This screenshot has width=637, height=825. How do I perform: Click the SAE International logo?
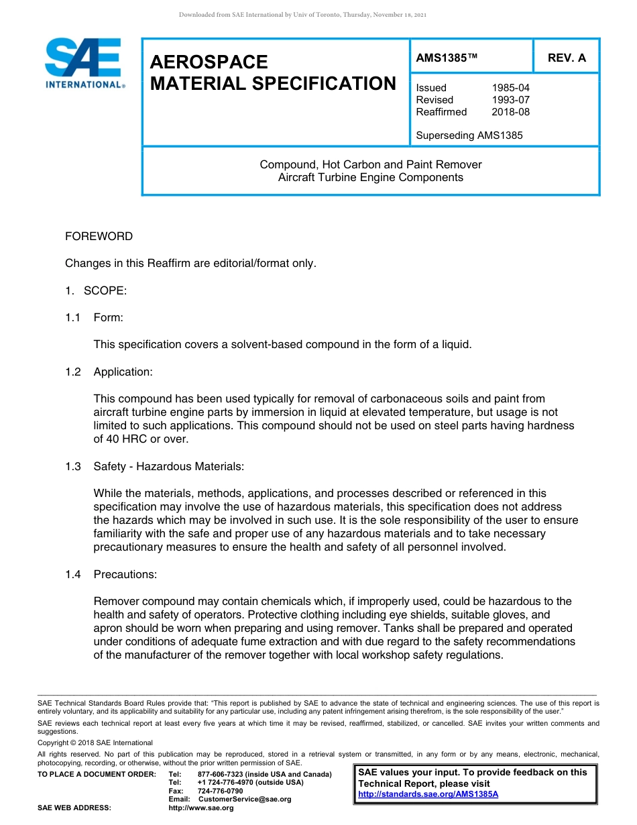[x=83, y=63]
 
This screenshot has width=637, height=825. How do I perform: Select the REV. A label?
[x=566, y=58]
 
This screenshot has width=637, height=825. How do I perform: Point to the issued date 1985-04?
[x=510, y=88]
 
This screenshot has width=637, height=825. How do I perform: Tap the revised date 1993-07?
[x=510, y=100]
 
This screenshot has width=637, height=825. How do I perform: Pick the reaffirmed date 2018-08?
[x=510, y=112]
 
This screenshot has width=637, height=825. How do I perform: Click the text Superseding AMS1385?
[x=469, y=135]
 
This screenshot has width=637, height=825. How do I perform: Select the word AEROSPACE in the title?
[x=209, y=62]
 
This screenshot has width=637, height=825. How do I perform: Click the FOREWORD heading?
[x=99, y=236]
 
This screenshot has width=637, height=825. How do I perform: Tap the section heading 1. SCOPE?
[x=96, y=290]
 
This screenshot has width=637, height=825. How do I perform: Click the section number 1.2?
[x=73, y=372]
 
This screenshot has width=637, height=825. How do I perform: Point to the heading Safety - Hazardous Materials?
[x=168, y=466]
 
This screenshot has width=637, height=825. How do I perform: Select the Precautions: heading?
[x=125, y=574]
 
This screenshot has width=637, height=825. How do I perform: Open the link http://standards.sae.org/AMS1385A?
[x=428, y=794]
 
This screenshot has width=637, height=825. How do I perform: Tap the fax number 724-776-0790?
[x=220, y=791]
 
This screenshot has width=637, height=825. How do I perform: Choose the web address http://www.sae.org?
[x=200, y=808]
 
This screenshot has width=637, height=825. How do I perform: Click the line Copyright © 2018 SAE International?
[x=95, y=742]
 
